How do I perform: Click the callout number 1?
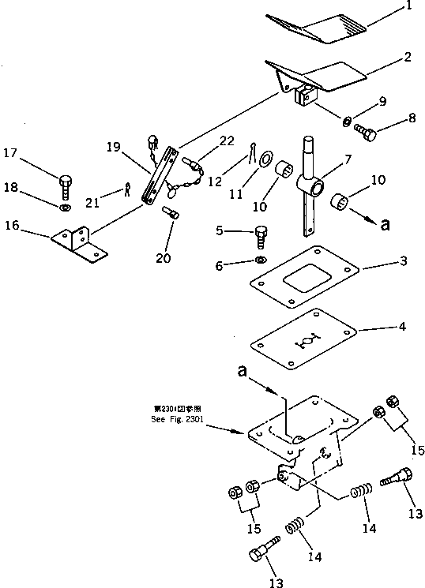(409, 8)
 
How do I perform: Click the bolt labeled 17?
(66, 187)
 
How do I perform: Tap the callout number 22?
(228, 140)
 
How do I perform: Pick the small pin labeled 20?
(171, 213)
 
